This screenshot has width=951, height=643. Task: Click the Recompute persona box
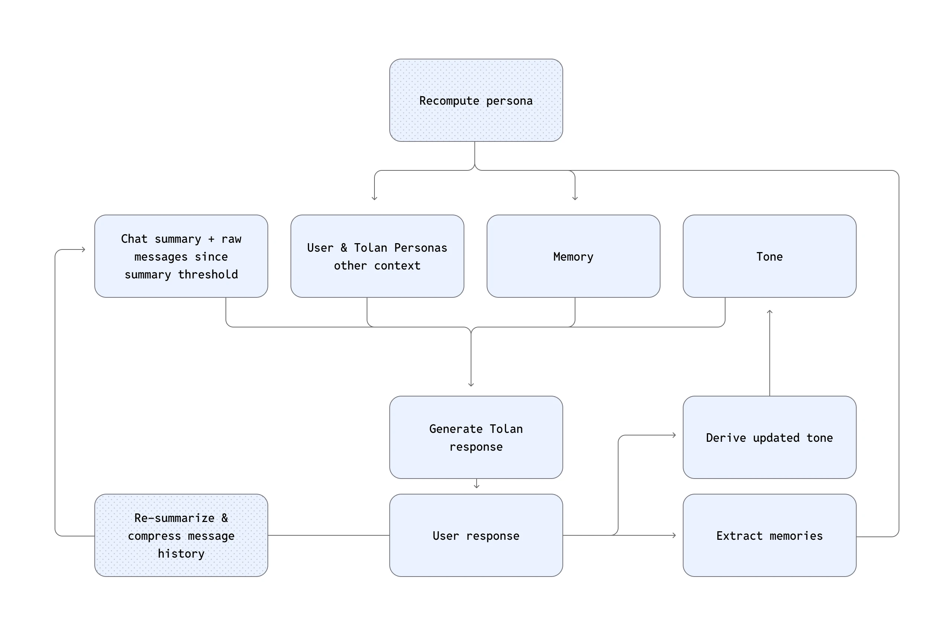tap(475, 100)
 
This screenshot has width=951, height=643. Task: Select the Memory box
tap(573, 256)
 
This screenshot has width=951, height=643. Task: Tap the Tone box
tap(769, 256)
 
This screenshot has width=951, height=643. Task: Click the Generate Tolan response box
tap(475, 437)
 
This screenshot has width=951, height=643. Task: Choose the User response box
tap(475, 535)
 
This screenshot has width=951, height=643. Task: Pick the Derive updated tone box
tap(769, 437)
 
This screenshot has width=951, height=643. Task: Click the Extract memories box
tap(769, 535)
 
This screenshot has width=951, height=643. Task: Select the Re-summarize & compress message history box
tap(181, 535)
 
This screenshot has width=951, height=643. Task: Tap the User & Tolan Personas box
tap(377, 256)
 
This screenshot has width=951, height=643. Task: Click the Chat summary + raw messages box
tap(181, 256)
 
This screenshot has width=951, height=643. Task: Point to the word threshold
tap(208, 274)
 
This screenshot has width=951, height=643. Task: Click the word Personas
tap(420, 248)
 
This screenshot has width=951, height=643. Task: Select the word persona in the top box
tap(509, 101)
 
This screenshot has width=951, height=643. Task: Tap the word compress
tap(154, 535)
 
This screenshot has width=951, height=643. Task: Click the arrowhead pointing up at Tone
tap(769, 312)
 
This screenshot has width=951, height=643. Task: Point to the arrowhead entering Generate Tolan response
tap(471, 385)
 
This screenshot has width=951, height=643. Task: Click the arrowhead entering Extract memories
tap(674, 535)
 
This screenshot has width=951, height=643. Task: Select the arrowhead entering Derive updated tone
tap(674, 435)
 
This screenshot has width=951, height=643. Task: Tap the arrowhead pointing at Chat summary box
tap(84, 249)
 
